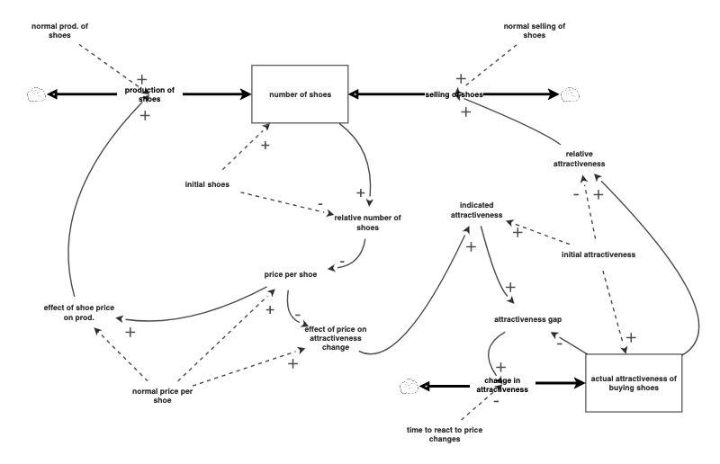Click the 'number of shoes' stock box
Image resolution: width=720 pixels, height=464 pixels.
300,94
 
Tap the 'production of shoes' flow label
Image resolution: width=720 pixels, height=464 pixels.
148,94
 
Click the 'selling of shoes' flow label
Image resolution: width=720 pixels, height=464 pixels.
454,94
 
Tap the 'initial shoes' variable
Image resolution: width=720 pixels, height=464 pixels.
207,185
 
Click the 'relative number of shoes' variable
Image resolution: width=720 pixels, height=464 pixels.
367,222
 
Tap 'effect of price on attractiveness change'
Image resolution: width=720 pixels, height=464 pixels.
336,338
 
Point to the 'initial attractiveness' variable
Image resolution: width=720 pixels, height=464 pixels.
598,254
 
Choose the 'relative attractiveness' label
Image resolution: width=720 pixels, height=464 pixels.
579,159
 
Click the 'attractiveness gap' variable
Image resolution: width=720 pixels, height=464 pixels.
528,319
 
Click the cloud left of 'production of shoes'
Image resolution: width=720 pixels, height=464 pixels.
36,94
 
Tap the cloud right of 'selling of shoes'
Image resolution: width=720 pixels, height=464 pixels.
570,94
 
